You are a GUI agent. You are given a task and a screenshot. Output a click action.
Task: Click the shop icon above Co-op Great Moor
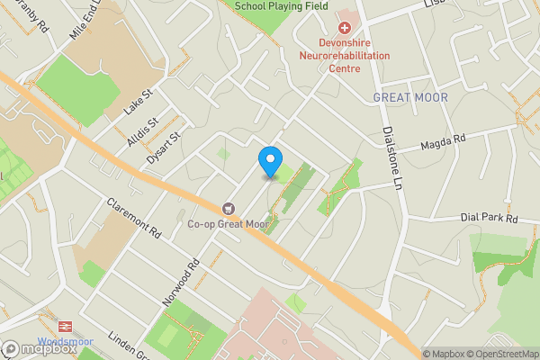click(227, 208)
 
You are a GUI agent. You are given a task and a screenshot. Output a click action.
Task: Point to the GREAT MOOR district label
click(409, 97)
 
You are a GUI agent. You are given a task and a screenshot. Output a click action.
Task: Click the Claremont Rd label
click(132, 220)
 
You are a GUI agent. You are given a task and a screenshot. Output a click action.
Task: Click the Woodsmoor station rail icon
click(65, 327)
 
